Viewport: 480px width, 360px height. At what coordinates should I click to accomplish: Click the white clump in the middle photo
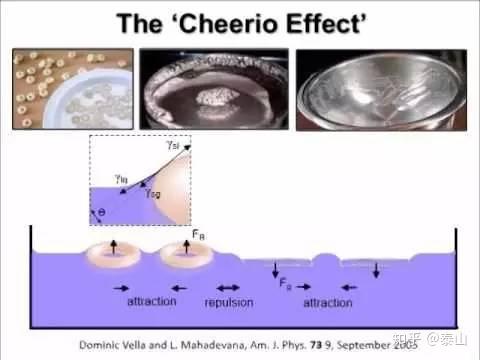(x=215, y=97)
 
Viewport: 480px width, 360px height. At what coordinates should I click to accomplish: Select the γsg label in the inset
(x=150, y=193)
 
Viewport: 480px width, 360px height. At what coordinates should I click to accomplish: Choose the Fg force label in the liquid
(x=286, y=282)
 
